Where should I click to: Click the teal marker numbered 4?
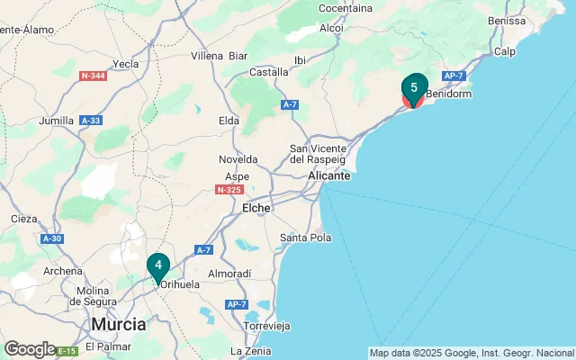click(x=157, y=265)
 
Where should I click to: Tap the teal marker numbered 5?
click(x=413, y=88)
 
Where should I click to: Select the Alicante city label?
click(x=328, y=176)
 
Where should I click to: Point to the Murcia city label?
click(x=118, y=324)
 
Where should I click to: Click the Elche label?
click(x=256, y=207)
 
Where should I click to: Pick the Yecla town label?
click(x=125, y=64)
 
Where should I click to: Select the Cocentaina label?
click(x=346, y=8)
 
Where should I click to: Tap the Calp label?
click(x=504, y=51)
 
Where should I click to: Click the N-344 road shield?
click(x=94, y=76)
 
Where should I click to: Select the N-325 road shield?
click(x=229, y=190)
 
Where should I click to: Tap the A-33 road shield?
click(x=90, y=120)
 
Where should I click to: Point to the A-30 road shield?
click(x=53, y=238)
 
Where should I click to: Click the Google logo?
click(x=30, y=348)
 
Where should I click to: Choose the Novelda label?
click(x=238, y=159)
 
